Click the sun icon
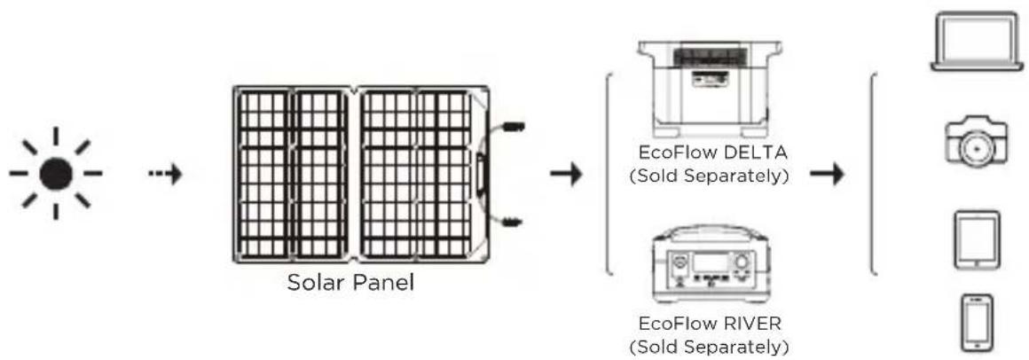[55, 173]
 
